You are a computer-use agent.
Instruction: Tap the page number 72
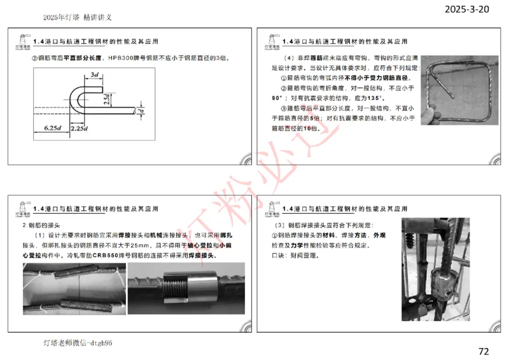point(484,350)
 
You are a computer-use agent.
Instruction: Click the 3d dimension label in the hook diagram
point(94,75)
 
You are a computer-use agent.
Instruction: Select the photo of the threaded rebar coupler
point(186,289)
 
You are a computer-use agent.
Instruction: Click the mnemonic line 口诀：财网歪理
point(294,256)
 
